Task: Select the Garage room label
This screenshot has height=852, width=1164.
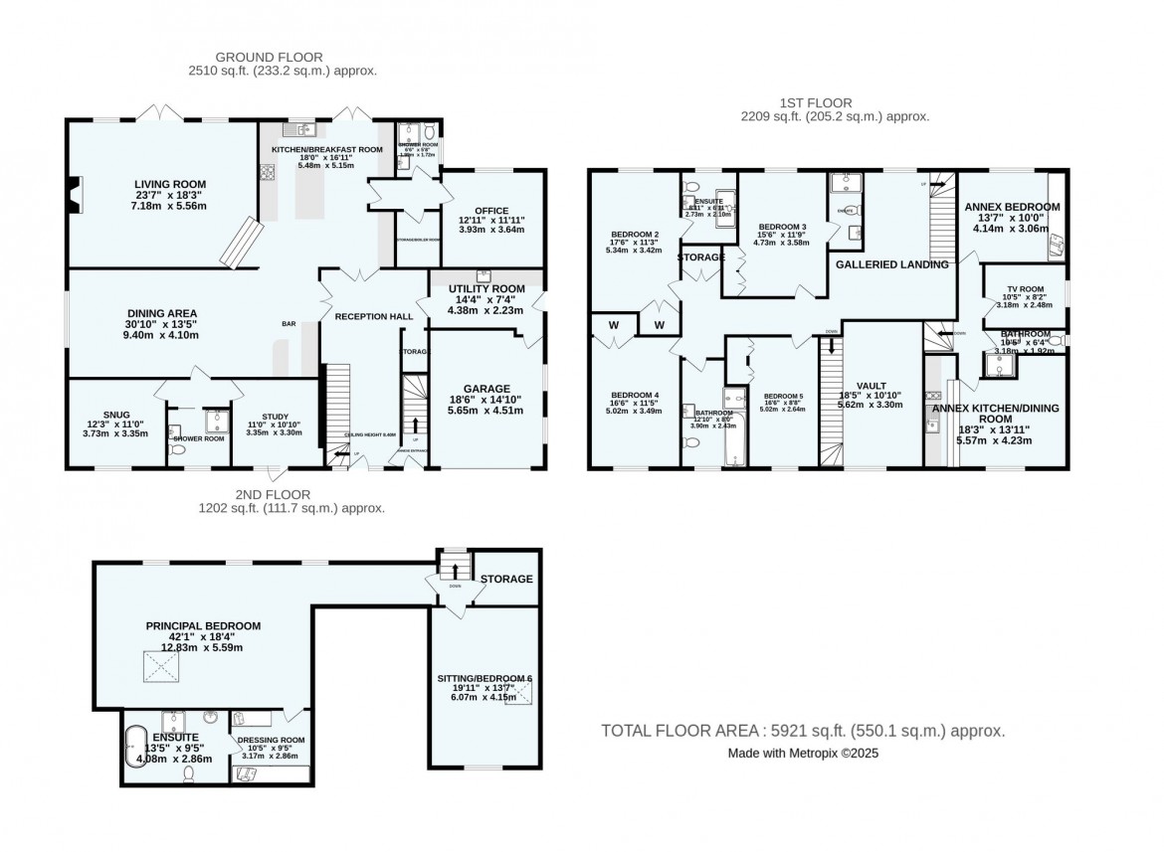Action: click(486, 389)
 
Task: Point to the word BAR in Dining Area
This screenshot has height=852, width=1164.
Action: click(291, 323)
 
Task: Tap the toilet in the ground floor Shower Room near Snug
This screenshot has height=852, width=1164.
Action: click(175, 449)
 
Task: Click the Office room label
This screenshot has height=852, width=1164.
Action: click(491, 211)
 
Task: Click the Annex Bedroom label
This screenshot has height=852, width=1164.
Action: click(1012, 207)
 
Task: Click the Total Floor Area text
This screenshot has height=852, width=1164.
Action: click(802, 731)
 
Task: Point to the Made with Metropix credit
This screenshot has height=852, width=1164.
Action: click(803, 754)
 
